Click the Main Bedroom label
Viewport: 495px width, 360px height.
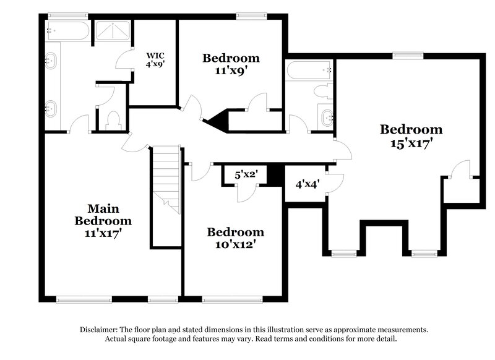(103, 215)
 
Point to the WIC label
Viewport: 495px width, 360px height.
(155, 54)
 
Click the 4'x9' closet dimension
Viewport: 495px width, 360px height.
(155, 62)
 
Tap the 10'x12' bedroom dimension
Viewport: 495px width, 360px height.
(235, 244)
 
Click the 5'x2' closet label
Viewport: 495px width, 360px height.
(246, 174)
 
